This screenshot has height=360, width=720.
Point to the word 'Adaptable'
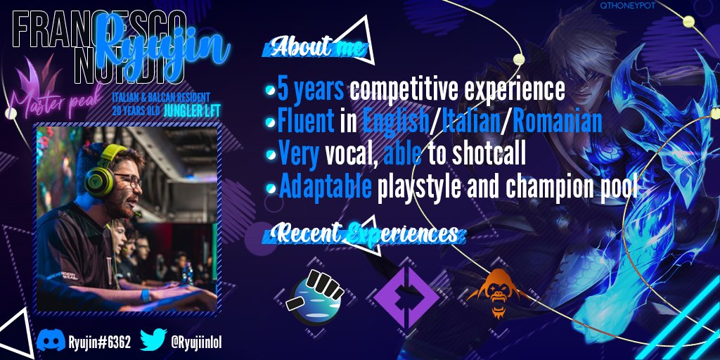[x=325, y=186]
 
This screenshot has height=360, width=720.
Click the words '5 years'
[x=311, y=89]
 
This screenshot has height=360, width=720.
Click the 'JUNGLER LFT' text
[x=195, y=110]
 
